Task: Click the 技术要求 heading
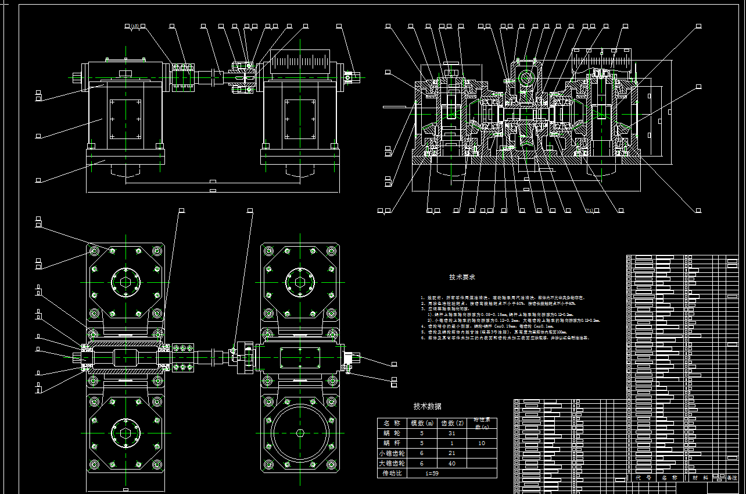click(x=462, y=278)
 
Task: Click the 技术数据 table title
click(x=427, y=406)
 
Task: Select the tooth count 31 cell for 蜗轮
click(x=453, y=433)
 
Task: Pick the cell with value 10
click(x=482, y=443)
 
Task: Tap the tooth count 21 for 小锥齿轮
click(x=453, y=453)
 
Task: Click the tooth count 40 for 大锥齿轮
click(x=453, y=464)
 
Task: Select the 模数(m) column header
click(x=422, y=423)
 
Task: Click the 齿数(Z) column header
click(x=453, y=423)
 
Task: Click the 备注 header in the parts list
click(x=731, y=478)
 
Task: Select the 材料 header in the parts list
click(x=700, y=478)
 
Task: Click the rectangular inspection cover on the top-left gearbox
click(x=125, y=119)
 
